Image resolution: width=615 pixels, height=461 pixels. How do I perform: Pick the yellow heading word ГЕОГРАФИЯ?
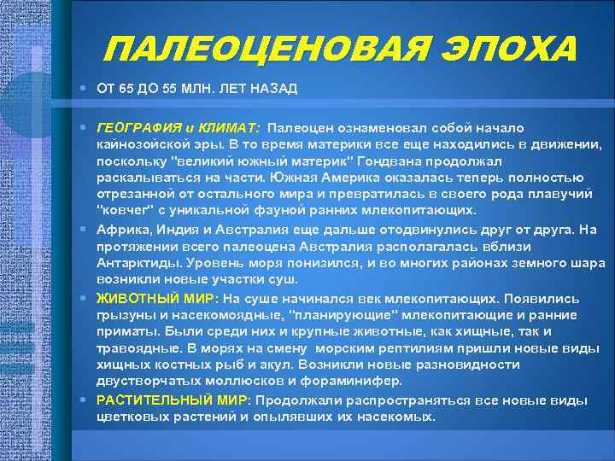click(x=133, y=126)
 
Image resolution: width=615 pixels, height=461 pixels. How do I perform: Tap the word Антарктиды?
click(x=138, y=264)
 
